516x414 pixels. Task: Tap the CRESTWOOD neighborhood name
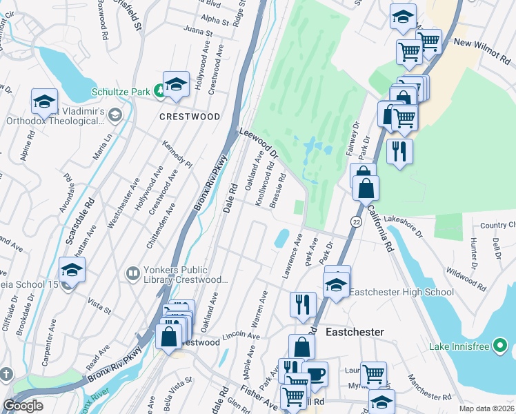click(190, 117)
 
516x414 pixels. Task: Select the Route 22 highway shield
click(356, 221)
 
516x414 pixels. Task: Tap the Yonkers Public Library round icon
click(132, 274)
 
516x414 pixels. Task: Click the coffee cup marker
click(316, 375)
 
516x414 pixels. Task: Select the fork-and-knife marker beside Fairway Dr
click(399, 151)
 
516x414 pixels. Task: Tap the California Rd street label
click(379, 228)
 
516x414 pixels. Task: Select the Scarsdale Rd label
click(78, 224)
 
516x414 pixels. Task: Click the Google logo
click(23, 406)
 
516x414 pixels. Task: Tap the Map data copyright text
click(486, 408)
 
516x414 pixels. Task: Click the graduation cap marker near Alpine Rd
click(44, 101)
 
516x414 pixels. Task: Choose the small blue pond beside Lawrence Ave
click(281, 239)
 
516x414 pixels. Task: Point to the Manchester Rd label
click(428, 387)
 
